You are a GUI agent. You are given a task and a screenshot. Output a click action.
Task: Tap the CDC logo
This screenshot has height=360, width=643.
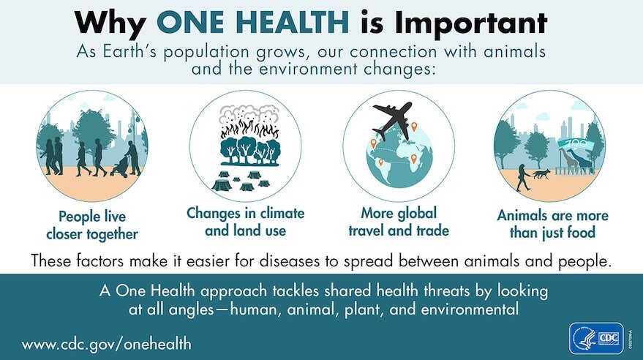[595, 338]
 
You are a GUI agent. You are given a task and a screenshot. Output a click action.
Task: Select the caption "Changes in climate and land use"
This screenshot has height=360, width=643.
[245, 222]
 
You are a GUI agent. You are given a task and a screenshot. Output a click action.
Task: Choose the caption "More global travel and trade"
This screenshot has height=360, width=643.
[399, 222]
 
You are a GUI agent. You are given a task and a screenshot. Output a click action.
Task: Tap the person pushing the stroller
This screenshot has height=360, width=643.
[132, 158]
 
